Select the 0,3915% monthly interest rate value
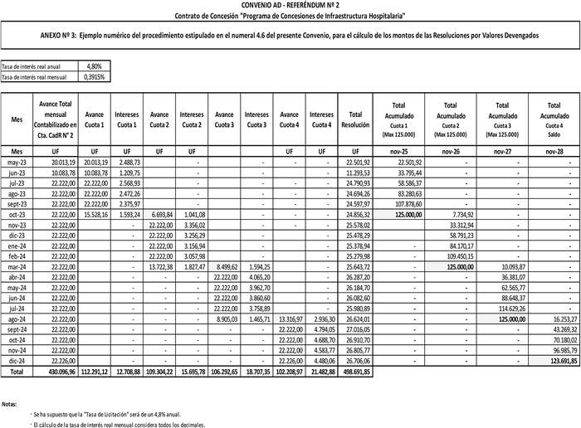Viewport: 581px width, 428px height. coord(94,75)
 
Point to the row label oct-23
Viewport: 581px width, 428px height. coord(17,214)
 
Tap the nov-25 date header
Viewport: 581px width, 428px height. coord(398,151)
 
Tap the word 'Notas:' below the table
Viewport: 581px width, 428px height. coord(10,404)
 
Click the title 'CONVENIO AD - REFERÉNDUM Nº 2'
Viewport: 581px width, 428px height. coord(290,5)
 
